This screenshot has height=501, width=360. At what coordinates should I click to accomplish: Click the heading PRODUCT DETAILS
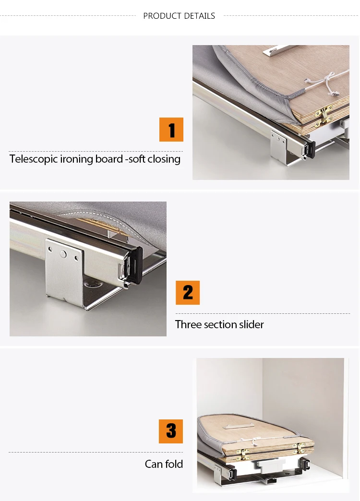[x=179, y=16]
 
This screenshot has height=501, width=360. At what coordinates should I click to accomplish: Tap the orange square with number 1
[x=171, y=130]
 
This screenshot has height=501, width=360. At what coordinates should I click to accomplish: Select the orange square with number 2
[x=188, y=293]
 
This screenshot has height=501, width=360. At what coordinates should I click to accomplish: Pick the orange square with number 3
[x=171, y=431]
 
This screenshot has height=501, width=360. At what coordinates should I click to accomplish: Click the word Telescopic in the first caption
[x=33, y=159]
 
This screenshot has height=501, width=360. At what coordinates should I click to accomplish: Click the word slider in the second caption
[x=251, y=324]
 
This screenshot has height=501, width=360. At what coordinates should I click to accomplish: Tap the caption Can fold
[x=164, y=464]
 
